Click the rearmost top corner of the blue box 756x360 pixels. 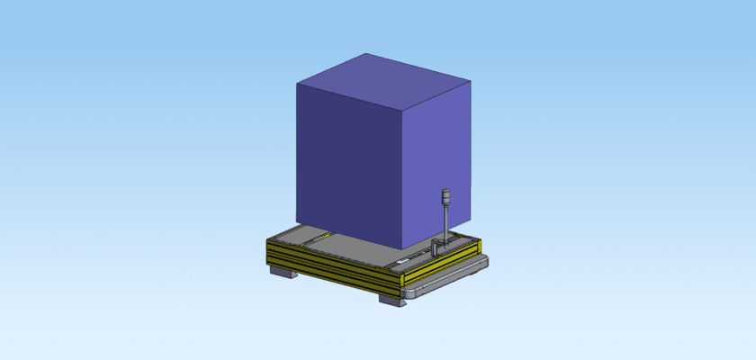coord(362,54)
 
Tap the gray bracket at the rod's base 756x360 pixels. coord(436,246)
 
